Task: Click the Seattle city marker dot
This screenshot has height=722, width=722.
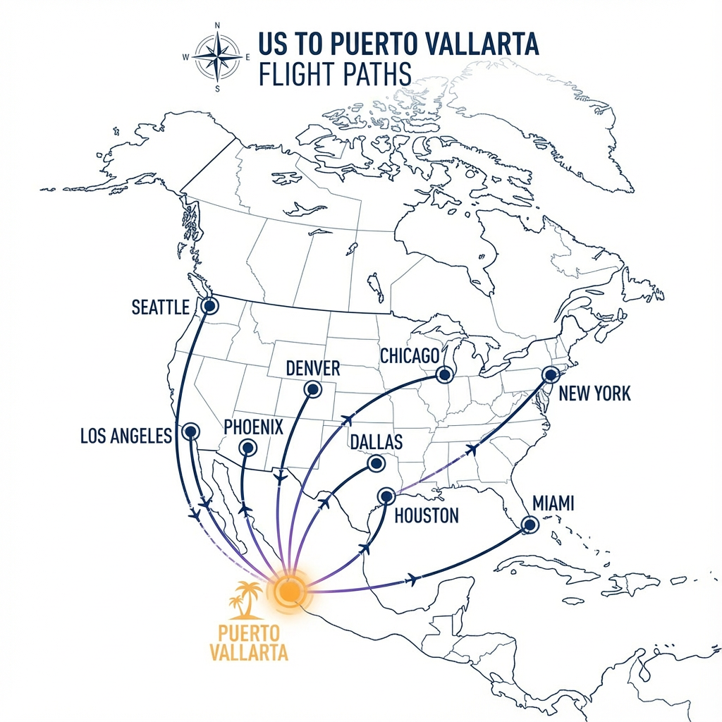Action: coord(209,306)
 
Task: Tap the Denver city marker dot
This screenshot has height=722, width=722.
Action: coord(311,388)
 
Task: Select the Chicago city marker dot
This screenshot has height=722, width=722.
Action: coord(444,374)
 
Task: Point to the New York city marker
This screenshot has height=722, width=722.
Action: coord(549,374)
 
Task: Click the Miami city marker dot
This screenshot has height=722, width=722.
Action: coord(530,524)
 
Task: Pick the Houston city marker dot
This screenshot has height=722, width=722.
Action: coord(386,496)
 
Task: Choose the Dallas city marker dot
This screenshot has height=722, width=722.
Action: coord(376,463)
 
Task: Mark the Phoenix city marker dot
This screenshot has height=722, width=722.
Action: coord(247,447)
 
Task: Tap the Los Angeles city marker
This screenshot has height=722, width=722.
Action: coord(190,432)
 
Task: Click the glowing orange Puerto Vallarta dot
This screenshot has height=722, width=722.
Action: coord(288,589)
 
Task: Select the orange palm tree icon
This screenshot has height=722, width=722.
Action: coord(246,599)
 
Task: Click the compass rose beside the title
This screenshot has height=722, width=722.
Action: coord(217,57)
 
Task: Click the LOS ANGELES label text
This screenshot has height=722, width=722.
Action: coord(126,436)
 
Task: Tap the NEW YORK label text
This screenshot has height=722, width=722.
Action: coord(594,393)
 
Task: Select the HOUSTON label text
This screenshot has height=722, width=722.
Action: coord(427,515)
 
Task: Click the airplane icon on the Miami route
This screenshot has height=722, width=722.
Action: coord(412,580)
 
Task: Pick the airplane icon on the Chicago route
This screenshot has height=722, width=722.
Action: coord(346,420)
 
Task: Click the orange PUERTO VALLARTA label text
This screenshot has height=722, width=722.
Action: coord(249,642)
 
